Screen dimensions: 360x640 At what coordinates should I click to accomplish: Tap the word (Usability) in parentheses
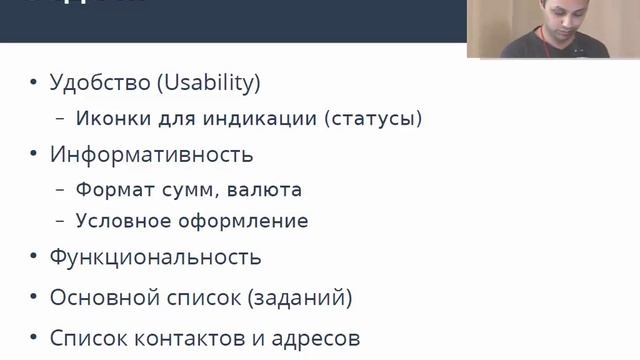click(209, 83)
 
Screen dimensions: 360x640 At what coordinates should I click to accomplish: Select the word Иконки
click(109, 119)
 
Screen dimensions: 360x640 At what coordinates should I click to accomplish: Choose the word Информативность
click(151, 155)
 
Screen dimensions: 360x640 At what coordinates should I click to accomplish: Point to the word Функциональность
click(155, 257)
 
